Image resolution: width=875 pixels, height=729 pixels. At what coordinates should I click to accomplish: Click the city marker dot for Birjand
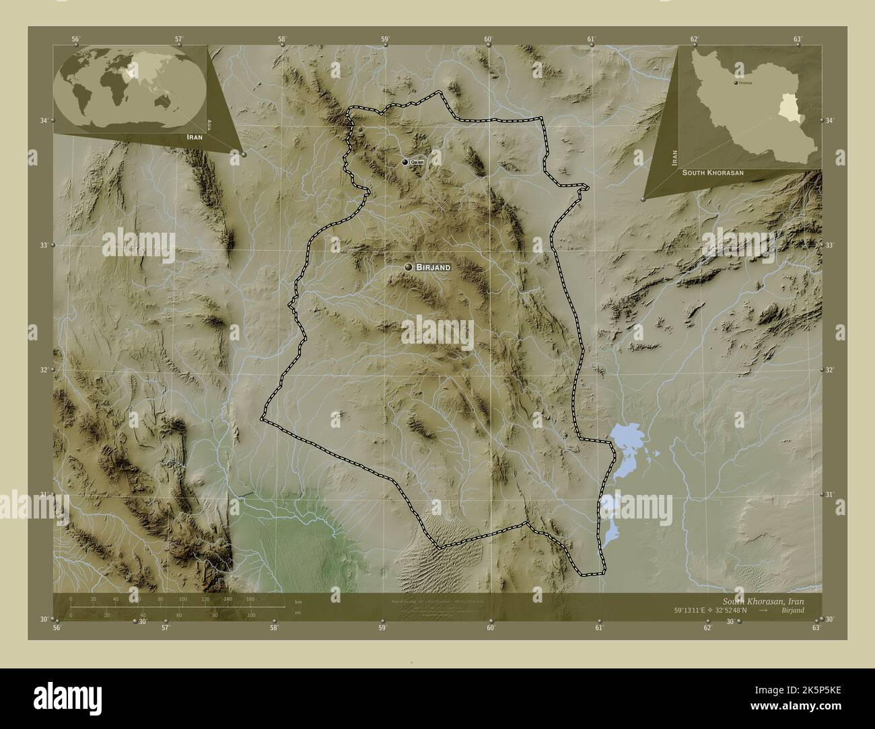[408, 267]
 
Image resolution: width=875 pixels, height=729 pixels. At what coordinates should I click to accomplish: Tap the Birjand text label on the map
[433, 267]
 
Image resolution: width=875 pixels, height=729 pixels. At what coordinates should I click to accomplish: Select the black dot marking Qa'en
[405, 162]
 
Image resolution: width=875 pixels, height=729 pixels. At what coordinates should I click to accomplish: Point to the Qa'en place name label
[418, 163]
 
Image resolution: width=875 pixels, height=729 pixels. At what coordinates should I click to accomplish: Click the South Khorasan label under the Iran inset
[713, 173]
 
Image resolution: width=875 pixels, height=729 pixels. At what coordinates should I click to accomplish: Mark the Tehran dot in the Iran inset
[734, 83]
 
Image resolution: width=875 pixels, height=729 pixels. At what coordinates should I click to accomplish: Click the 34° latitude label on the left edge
[43, 120]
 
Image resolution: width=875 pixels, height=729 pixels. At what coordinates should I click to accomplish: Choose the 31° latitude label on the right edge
[830, 494]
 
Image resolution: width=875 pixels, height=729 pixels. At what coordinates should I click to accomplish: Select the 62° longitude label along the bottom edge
[707, 628]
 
